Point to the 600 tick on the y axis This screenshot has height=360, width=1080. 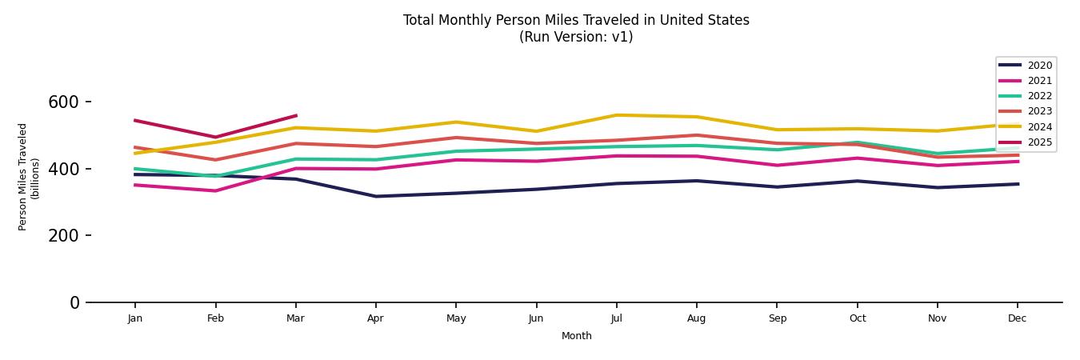pyautogui.click(x=63, y=102)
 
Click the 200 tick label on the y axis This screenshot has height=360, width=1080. pyautogui.click(x=63, y=236)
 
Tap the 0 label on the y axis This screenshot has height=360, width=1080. pyautogui.click(x=74, y=302)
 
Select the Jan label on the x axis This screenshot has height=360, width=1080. pyautogui.click(x=135, y=318)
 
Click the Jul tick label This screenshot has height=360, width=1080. pyautogui.click(x=616, y=318)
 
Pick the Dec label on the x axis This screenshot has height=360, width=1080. pyautogui.click(x=1017, y=318)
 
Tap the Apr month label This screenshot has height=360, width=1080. pyautogui.click(x=375, y=318)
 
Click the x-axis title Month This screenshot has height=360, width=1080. pyautogui.click(x=576, y=336)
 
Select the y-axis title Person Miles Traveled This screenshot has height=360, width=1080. pyautogui.click(x=23, y=177)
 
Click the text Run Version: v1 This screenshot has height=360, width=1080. pyautogui.click(x=576, y=37)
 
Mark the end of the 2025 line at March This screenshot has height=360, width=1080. pyautogui.click(x=296, y=116)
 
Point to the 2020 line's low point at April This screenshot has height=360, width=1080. pyautogui.click(x=375, y=196)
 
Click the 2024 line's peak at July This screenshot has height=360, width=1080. pyautogui.click(x=616, y=115)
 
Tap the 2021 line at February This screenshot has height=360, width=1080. pyautogui.click(x=215, y=190)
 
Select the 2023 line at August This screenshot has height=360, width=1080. pyautogui.click(x=696, y=135)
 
